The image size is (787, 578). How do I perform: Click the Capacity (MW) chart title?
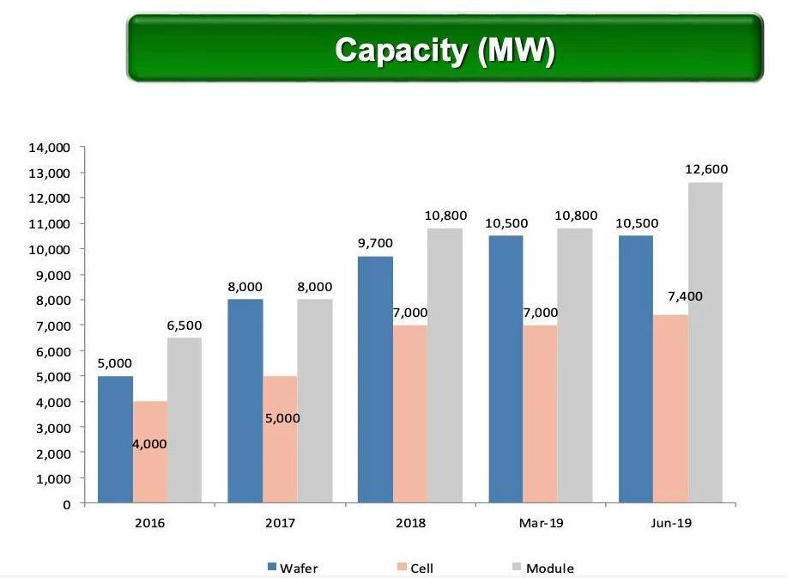(445, 49)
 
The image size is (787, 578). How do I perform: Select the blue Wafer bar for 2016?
(115, 439)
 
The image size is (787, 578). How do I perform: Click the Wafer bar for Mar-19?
(505, 369)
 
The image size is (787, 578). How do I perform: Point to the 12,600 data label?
(705, 170)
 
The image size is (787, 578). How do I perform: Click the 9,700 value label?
(375, 244)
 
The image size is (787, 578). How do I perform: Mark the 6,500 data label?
(184, 326)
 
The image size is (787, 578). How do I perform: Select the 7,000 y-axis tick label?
(52, 326)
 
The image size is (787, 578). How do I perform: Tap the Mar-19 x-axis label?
(540, 522)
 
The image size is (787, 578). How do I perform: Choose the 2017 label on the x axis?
(280, 522)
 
